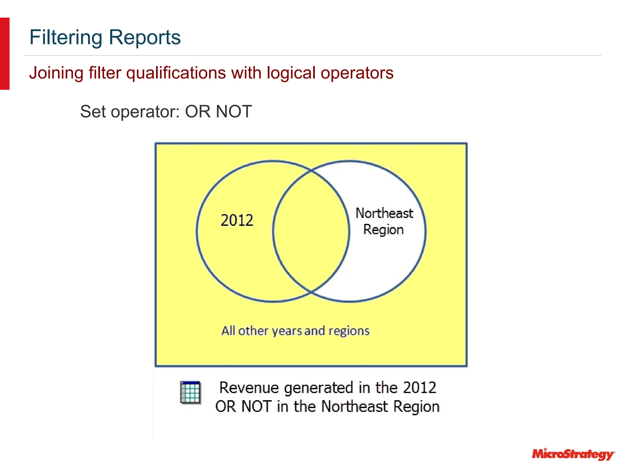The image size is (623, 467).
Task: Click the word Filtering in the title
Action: [66, 38]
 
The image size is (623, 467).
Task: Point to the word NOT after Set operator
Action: [234, 112]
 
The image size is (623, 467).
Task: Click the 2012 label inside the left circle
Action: [237, 220]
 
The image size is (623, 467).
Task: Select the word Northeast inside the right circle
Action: [384, 213]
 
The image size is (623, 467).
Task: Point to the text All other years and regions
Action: [295, 331]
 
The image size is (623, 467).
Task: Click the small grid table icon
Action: [190, 393]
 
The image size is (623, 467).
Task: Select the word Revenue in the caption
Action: [249, 388]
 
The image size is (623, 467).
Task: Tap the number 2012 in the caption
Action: [419, 388]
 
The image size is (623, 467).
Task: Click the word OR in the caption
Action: [225, 407]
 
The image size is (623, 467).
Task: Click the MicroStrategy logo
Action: [573, 454]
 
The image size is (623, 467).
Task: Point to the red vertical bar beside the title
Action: [5, 54]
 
